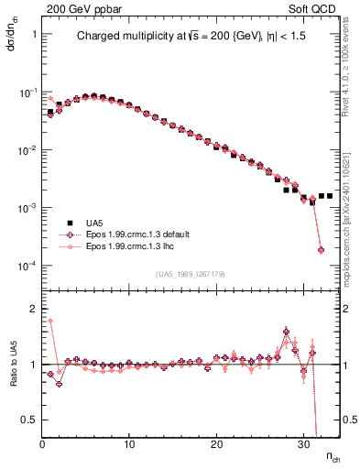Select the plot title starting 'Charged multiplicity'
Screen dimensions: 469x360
pyautogui.click(x=191, y=38)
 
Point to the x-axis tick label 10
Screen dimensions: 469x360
pyautogui.click(x=129, y=444)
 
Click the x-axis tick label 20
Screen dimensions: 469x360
pyautogui.click(x=216, y=444)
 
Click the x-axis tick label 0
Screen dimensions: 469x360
pyautogui.click(x=42, y=444)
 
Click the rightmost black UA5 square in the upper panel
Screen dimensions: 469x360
pyautogui.click(x=330, y=196)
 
